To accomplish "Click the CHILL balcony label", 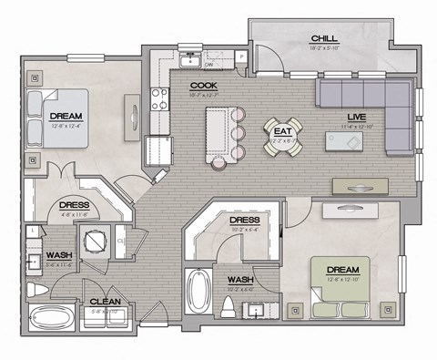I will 324,38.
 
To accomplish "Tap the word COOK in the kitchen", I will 202,86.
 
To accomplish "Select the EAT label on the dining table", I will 279,129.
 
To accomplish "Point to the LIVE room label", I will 356,118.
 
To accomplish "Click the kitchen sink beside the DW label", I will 189,61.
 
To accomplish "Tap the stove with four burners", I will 158,96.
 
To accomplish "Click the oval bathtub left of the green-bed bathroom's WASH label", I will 197,292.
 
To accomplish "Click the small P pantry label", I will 241,57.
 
